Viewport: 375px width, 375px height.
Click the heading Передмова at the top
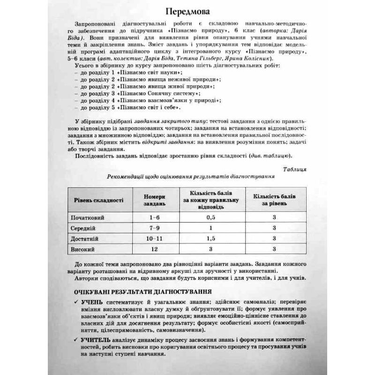click(x=187, y=10)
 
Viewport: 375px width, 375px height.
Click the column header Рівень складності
click(x=98, y=200)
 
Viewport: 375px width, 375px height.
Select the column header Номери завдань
click(x=151, y=200)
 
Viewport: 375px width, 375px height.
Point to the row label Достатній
click(x=84, y=239)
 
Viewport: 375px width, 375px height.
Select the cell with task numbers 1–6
click(x=151, y=218)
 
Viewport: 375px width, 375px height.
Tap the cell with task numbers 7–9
click(x=151, y=228)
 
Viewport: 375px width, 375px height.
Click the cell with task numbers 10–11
click(x=151, y=239)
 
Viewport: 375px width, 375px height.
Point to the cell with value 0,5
click(x=210, y=218)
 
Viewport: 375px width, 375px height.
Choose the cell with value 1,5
click(x=210, y=239)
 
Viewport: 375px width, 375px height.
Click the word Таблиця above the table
click(x=295, y=168)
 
